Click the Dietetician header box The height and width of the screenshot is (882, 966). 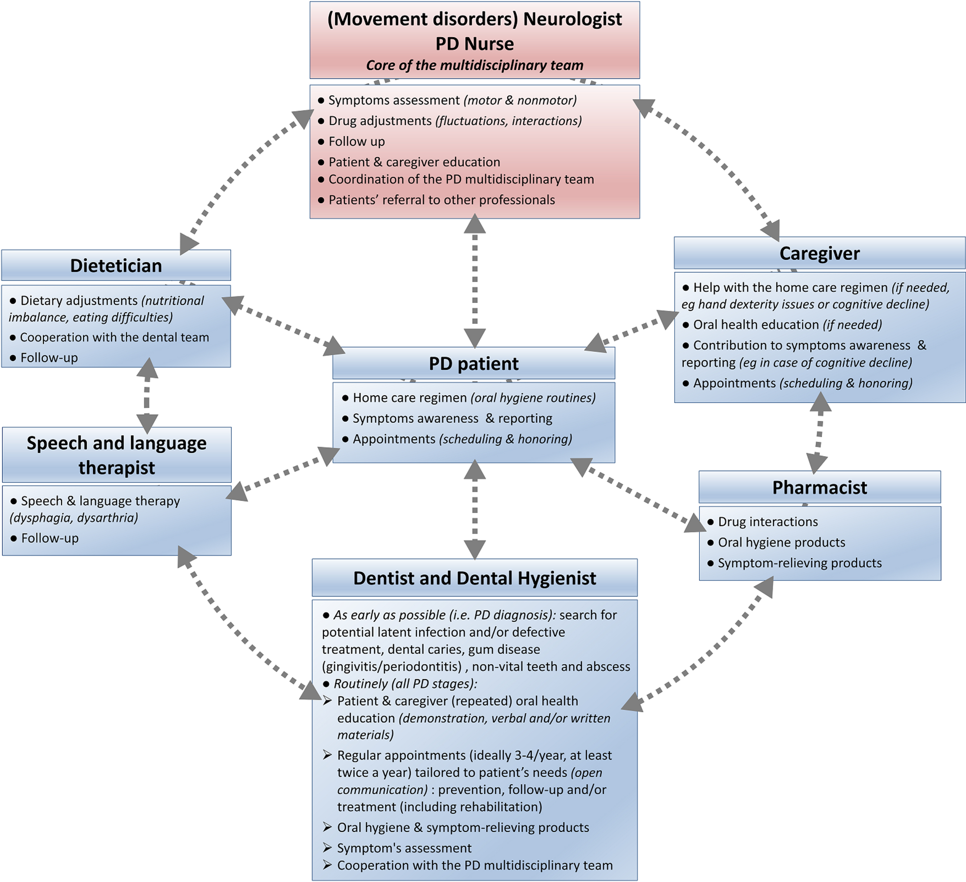[116, 265]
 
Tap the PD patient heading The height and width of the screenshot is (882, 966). [473, 363]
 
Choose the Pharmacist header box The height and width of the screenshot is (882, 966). [819, 487]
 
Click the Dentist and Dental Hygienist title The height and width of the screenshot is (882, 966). [474, 578]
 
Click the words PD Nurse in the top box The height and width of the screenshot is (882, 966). [474, 44]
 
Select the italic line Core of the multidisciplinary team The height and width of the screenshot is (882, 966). [474, 65]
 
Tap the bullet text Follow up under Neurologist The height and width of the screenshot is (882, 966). [357, 141]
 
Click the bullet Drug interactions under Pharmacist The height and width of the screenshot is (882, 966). [767, 521]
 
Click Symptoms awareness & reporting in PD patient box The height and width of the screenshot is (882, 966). [452, 418]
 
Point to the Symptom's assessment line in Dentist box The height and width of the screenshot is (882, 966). [404, 848]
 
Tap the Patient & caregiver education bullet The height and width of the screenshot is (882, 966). [414, 162]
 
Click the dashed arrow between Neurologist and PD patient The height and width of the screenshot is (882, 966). [474, 281]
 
